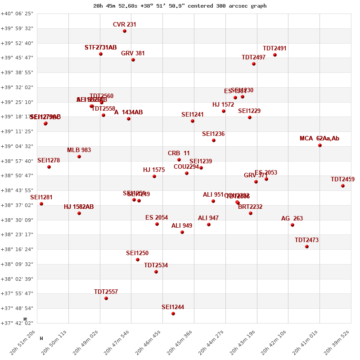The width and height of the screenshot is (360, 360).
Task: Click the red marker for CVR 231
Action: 125,31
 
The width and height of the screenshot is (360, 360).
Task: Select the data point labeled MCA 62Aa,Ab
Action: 320,145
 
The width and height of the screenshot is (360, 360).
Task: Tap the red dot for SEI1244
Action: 173,314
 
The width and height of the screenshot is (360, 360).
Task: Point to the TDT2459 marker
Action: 343,186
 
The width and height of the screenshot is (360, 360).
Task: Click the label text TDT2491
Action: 274,49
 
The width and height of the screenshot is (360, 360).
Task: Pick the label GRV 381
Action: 133,54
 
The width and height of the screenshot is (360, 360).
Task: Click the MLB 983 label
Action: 79,150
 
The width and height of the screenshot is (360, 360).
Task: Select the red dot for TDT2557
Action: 106,298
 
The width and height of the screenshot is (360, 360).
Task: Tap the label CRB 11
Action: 179,153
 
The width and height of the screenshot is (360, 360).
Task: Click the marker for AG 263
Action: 292,225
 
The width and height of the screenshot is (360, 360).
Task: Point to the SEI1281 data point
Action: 41,204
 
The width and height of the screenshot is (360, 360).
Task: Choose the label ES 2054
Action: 157,218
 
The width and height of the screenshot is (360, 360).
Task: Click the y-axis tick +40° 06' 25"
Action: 17,13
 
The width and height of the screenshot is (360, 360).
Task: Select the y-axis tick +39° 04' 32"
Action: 17,146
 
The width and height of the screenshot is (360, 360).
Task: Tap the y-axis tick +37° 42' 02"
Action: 17,323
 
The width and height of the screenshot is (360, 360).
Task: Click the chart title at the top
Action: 180,6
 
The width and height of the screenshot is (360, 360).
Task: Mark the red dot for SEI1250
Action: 138,260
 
